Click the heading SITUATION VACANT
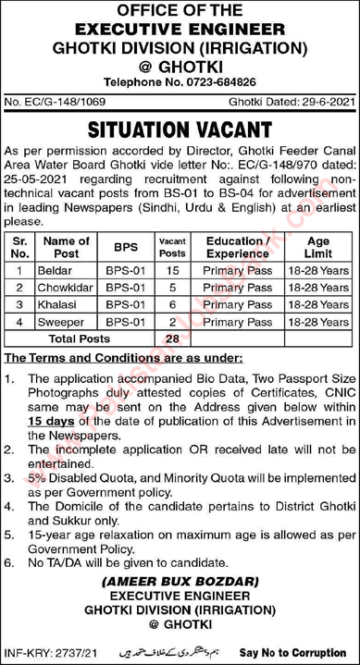pos(180,128)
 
